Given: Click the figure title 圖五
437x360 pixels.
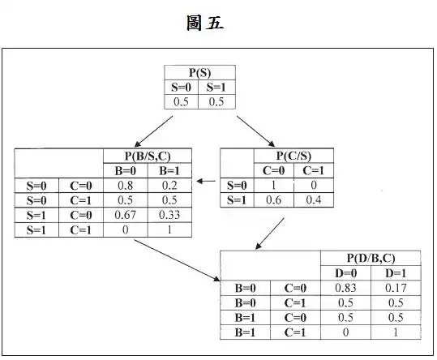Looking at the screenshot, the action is (x=205, y=23).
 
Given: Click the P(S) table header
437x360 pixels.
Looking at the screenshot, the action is (x=199, y=73).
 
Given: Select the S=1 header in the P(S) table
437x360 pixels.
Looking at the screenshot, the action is (x=216, y=88).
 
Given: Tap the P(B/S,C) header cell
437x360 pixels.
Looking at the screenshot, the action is (x=148, y=156).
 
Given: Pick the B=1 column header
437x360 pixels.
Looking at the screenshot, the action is (x=169, y=170).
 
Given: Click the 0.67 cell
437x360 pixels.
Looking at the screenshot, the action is (x=125, y=215).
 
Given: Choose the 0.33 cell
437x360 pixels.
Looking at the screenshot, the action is (x=169, y=215).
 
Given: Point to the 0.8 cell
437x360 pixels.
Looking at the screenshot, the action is (x=125, y=186).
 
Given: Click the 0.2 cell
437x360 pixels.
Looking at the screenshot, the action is (x=169, y=186).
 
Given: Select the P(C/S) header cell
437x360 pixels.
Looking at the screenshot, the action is (x=293, y=156).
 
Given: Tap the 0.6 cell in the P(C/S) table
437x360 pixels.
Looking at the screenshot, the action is (x=273, y=199).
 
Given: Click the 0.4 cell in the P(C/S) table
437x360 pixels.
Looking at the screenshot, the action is (x=314, y=199).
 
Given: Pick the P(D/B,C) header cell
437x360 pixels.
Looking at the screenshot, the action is (x=371, y=258).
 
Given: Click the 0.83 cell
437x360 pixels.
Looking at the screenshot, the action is (x=345, y=288).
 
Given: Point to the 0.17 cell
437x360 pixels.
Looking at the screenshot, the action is (x=396, y=288).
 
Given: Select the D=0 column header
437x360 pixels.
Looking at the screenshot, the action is (x=345, y=273).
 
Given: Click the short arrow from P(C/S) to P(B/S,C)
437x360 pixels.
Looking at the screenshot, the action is (x=206, y=181).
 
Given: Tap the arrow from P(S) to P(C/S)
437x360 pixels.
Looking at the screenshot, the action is (x=256, y=131).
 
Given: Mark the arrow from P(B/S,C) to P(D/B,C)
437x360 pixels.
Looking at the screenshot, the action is (x=178, y=260).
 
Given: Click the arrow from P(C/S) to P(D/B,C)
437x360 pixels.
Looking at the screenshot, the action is (x=270, y=234).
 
